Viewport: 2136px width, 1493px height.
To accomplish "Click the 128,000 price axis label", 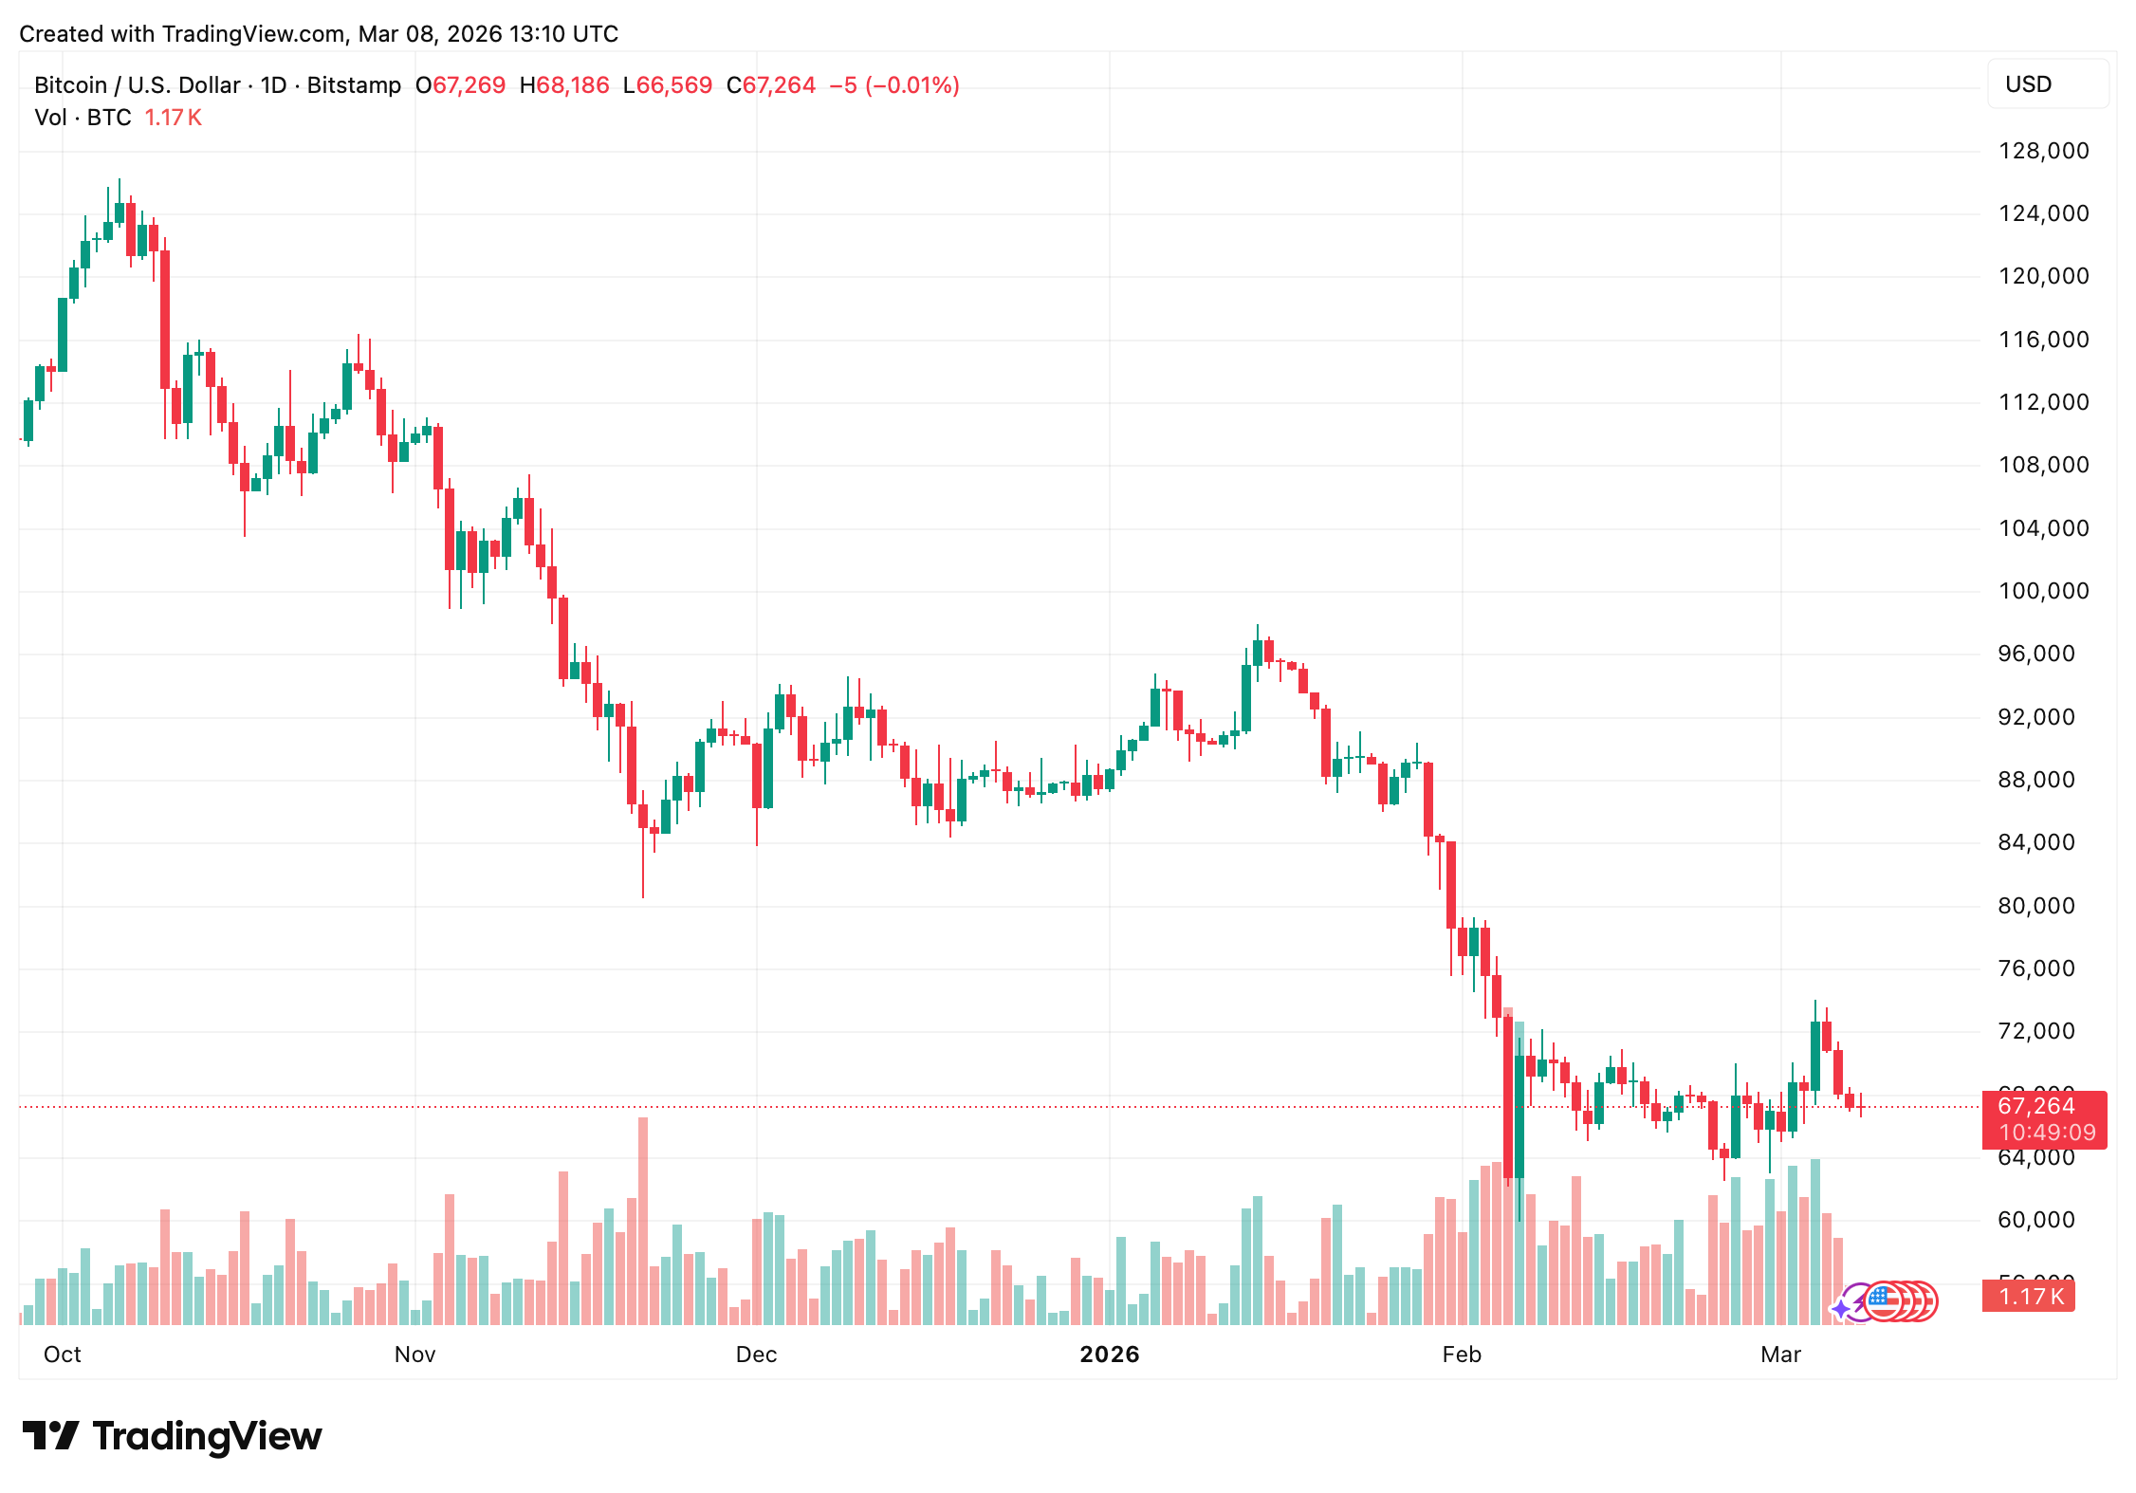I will [x=2043, y=151].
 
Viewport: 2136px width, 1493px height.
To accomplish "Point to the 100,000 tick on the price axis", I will [x=2043, y=591].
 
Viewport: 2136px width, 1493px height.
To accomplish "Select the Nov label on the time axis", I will [x=414, y=1355].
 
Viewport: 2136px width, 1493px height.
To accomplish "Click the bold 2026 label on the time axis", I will [x=1109, y=1355].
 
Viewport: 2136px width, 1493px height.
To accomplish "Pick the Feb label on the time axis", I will [x=1461, y=1355].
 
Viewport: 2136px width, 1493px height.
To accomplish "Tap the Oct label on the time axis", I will [x=63, y=1355].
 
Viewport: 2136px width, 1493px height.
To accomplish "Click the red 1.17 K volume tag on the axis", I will [x=2030, y=1297].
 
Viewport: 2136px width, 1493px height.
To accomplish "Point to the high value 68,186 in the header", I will [x=573, y=85].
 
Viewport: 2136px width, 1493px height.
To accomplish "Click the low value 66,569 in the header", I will [x=673, y=85].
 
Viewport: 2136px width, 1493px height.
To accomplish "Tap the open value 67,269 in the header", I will [x=469, y=85].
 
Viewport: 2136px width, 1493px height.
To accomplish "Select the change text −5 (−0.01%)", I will [x=893, y=85].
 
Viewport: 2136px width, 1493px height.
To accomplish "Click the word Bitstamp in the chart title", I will [x=354, y=85].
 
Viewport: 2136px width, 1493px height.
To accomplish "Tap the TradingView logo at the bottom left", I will [x=172, y=1436].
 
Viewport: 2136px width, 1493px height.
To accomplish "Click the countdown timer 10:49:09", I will [x=2047, y=1133].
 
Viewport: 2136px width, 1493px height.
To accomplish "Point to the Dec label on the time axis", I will [x=756, y=1355].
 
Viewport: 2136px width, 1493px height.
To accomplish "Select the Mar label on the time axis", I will [x=1780, y=1355].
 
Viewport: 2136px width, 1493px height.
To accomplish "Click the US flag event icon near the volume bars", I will [x=1884, y=1301].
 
